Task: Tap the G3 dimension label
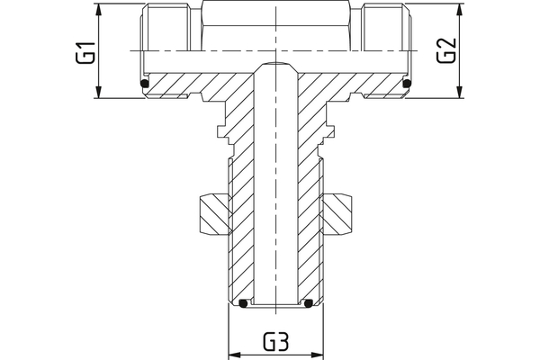pyautogui.click(x=275, y=343)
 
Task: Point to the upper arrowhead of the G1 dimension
pyautogui.click(x=98, y=9)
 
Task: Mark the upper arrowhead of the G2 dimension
pyautogui.click(x=460, y=9)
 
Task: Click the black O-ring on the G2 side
pyautogui.click(x=407, y=85)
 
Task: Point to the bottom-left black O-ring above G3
pyautogui.click(x=242, y=304)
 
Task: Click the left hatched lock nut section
pyautogui.click(x=210, y=213)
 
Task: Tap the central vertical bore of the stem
pyautogui.click(x=275, y=198)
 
